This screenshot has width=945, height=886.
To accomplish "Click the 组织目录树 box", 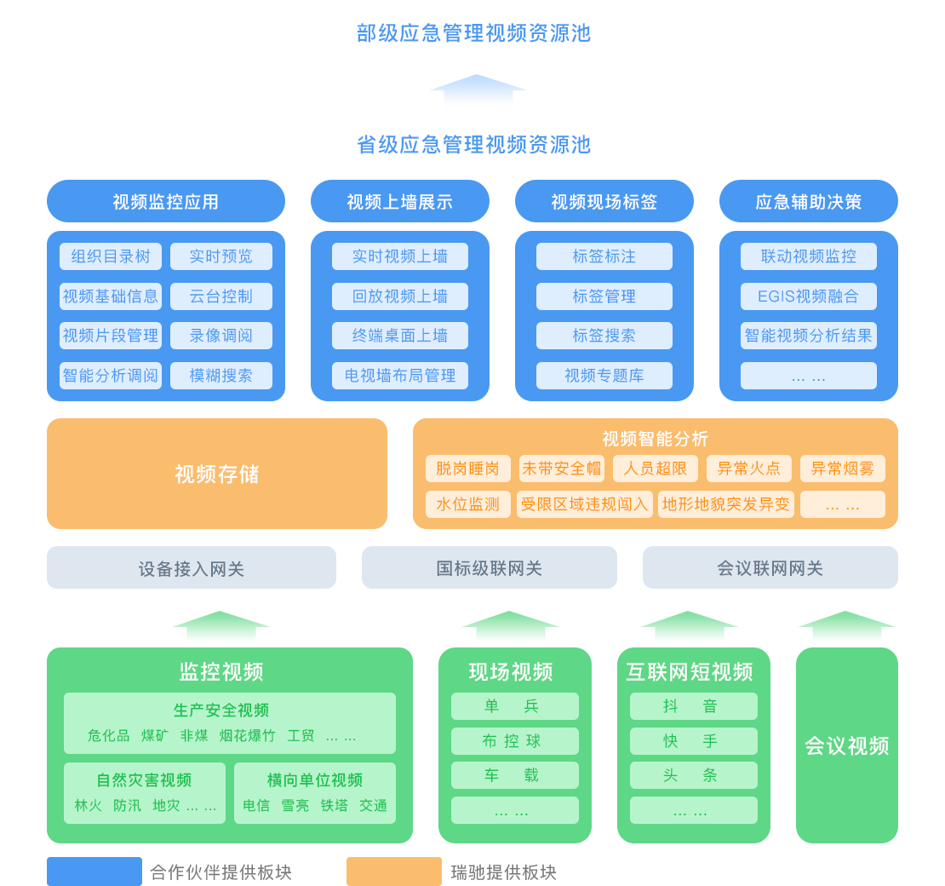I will [111, 256].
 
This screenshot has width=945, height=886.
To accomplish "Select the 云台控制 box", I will [221, 296].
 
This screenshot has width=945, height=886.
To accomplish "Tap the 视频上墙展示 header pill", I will [400, 202].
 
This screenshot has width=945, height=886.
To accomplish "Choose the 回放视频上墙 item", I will [400, 296].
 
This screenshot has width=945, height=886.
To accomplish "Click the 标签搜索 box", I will [604, 336].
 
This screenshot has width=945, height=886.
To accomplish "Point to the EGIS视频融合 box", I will [809, 296].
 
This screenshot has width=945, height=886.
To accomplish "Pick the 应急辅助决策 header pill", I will [809, 202].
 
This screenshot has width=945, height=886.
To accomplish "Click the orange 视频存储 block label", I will [217, 475].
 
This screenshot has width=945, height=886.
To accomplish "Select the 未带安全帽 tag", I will [562, 469].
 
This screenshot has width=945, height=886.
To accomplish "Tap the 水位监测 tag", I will [468, 504].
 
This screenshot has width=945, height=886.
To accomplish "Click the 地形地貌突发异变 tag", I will [726, 504].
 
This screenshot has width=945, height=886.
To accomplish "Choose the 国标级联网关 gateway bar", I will [490, 568].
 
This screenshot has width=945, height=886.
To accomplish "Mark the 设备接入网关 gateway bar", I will [192, 568].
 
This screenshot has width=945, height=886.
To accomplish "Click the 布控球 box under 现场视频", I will [515, 741].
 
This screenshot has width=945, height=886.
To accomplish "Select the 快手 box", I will [694, 741].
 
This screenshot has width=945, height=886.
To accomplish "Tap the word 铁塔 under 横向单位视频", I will [335, 805].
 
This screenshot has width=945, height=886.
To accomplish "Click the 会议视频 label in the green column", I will [847, 746].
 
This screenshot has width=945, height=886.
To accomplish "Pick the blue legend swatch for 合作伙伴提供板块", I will [94, 872].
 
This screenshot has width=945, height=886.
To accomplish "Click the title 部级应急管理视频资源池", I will [473, 33].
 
